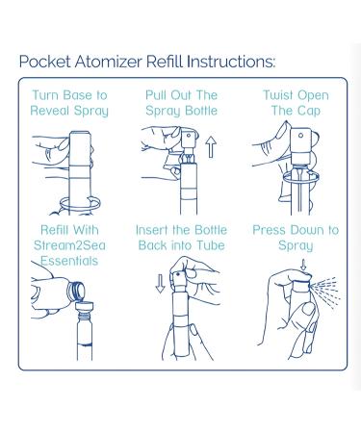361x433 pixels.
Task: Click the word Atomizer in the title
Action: point(109,62)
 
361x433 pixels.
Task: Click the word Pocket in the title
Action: point(45,62)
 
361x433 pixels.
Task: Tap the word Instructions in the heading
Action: point(231,62)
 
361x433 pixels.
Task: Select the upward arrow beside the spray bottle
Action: point(211,147)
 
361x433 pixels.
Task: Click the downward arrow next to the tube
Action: point(160,283)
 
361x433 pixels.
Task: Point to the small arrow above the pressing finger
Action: point(303,265)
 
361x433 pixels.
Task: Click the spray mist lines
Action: point(325,292)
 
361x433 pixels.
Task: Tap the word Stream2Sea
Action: point(69,245)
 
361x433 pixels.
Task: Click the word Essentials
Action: point(69,261)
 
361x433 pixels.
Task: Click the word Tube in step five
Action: point(211,245)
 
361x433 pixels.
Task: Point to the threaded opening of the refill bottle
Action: point(76,291)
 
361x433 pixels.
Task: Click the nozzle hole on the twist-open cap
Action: point(300,136)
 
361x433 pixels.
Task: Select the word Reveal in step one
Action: point(50,111)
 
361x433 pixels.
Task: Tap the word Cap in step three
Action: point(309,111)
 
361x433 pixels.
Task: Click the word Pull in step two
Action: point(156,95)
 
